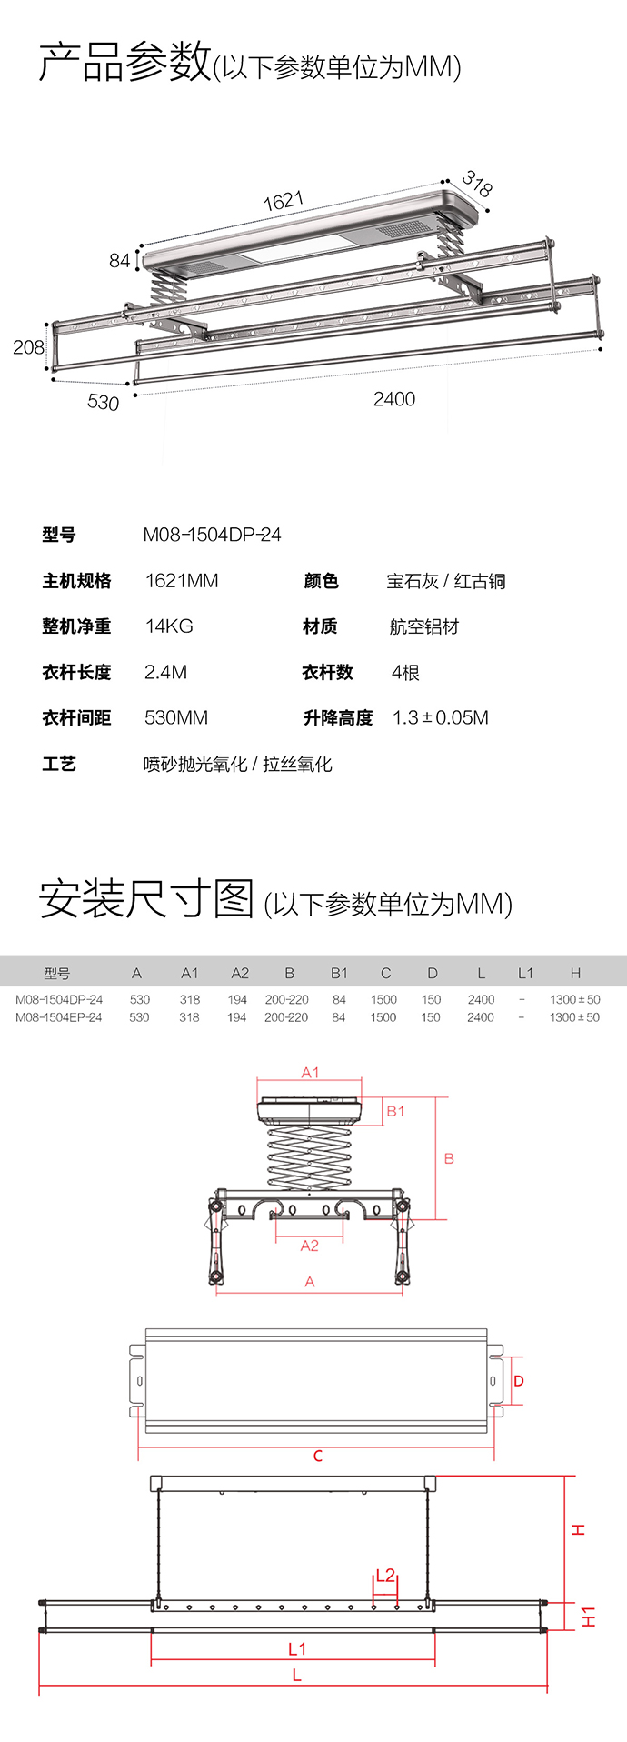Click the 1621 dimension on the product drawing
pos(284,201)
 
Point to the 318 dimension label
pos(477,184)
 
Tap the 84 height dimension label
pos(120,261)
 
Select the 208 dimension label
pos(28,347)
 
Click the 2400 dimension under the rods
pos(394,399)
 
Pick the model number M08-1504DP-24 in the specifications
pos(212,535)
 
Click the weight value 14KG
pos(169,626)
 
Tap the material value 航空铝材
pos(424,626)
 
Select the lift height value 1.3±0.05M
pos(441,718)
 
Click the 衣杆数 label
pos(327,673)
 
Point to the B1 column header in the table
pos(339,973)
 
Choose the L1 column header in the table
pos(525,973)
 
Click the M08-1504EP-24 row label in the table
pos(59,1017)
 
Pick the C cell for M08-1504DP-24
pos(383,999)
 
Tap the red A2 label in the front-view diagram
pos(310,1246)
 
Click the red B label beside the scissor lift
pos(449,1159)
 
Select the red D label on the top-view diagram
pos(519,1381)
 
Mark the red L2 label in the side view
pos(385,1576)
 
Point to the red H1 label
pos(589,1617)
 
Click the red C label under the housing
pos(318,1457)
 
